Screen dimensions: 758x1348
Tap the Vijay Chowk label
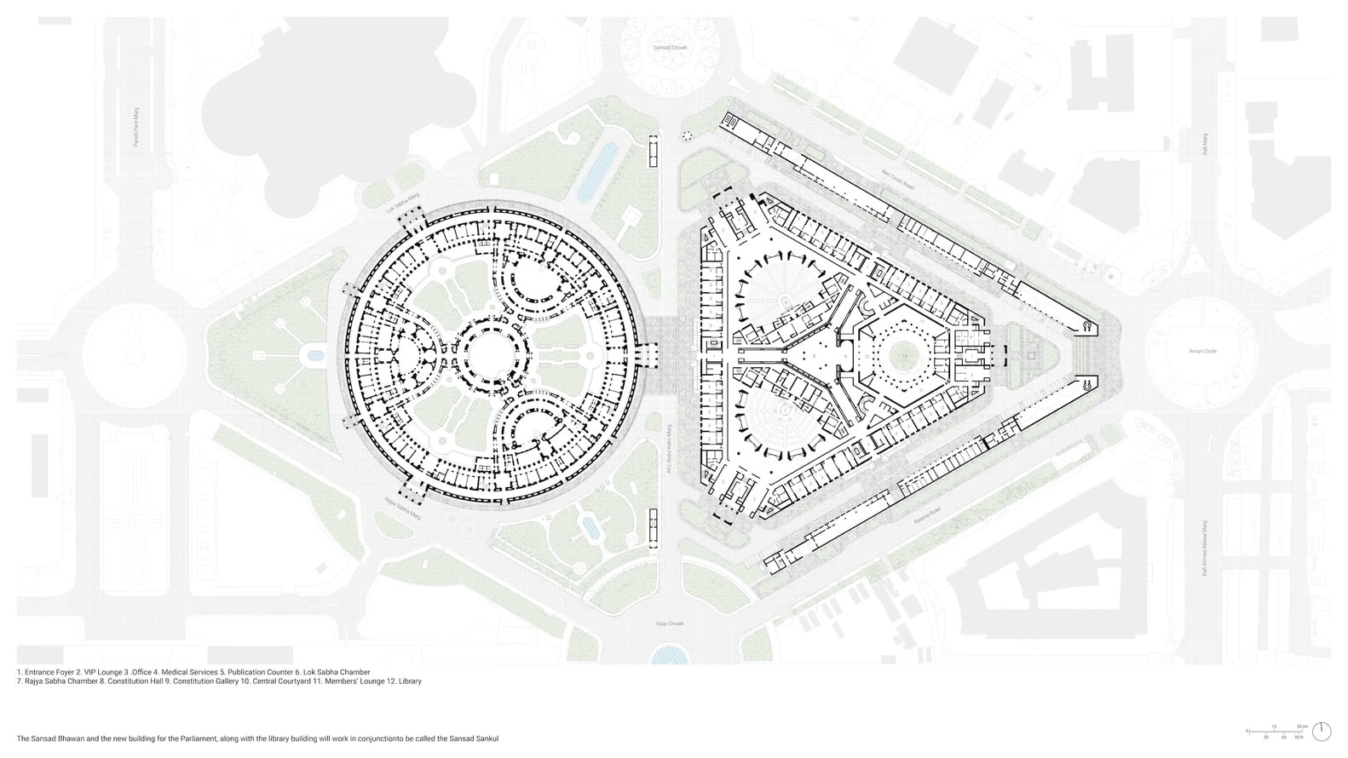click(x=669, y=623)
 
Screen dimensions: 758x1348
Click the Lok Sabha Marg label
click(x=404, y=201)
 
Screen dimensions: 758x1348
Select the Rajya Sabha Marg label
click(x=403, y=508)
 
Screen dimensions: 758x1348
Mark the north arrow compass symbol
click(x=1322, y=731)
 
